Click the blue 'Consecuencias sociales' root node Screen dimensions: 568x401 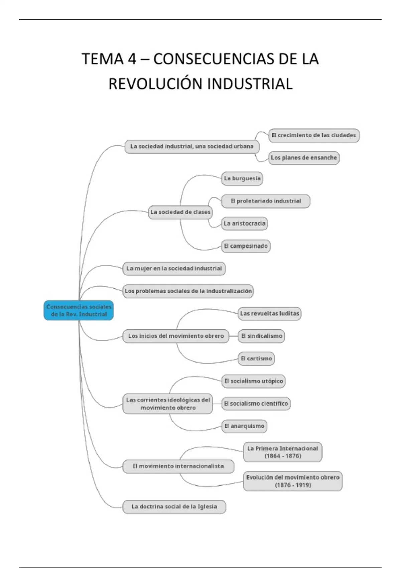(x=79, y=310)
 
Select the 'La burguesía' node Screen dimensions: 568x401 (x=242, y=178)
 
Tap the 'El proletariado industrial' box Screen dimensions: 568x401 (x=266, y=201)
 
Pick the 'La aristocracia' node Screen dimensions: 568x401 (x=244, y=224)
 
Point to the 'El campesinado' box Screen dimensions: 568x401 (x=246, y=246)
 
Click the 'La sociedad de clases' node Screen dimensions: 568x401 (x=180, y=212)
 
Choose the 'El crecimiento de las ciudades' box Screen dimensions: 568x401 (x=314, y=135)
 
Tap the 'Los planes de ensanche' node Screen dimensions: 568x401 (x=304, y=158)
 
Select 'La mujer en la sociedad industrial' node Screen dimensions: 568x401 (x=174, y=269)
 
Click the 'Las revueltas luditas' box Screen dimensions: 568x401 (x=269, y=314)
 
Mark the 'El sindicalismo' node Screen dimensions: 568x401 (x=261, y=336)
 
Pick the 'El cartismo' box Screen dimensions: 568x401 (x=256, y=359)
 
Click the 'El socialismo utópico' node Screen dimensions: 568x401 (x=253, y=381)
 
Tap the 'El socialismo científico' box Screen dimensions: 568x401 (x=256, y=404)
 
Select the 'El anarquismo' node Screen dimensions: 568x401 (x=244, y=426)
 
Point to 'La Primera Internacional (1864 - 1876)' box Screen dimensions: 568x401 (x=283, y=452)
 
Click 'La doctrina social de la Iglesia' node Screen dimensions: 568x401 (x=174, y=507)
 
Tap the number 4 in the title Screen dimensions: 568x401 (x=132, y=59)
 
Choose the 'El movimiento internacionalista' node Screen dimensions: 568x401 (x=178, y=466)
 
